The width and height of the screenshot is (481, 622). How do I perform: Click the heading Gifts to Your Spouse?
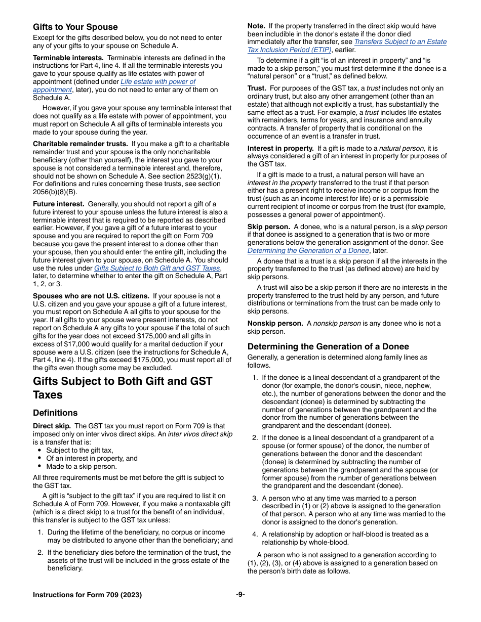(75, 27)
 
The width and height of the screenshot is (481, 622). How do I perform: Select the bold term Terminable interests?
(68, 58)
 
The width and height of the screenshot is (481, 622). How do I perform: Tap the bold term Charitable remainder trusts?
(80, 144)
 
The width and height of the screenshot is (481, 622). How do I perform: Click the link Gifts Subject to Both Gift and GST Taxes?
(157, 268)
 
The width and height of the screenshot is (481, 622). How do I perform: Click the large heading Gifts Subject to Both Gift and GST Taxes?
(123, 388)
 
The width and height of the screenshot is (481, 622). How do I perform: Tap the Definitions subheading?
(55, 413)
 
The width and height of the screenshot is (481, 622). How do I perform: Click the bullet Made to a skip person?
(81, 467)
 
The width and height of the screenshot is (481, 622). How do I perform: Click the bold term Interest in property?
(280, 148)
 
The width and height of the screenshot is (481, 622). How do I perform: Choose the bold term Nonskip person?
(275, 324)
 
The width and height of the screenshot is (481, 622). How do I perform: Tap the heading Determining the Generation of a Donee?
(328, 346)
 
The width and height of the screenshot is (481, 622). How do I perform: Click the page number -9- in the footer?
(240, 595)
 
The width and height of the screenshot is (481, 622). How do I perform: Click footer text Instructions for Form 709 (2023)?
(87, 595)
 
